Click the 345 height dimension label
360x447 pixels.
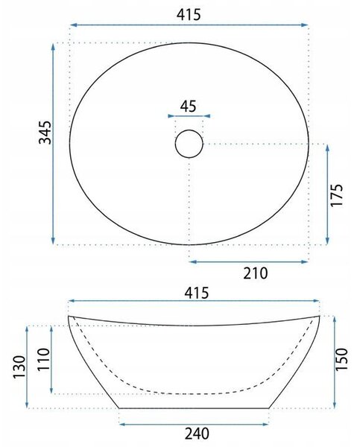(45, 133)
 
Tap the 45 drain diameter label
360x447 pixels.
(189, 107)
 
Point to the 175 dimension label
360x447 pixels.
(336, 194)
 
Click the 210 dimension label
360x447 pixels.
(256, 273)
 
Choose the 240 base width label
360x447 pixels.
(197, 434)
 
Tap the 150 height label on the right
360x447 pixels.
(341, 359)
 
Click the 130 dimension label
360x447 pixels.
(19, 367)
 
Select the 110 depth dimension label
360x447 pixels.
(44, 359)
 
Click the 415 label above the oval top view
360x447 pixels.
(189, 15)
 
